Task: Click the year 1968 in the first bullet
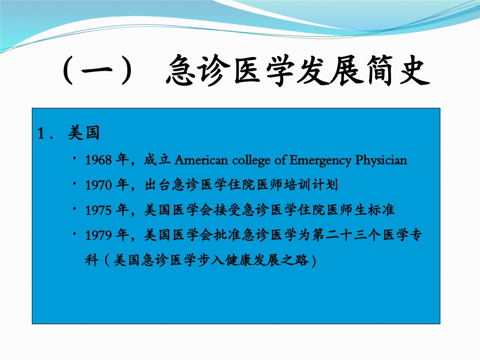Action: [98, 161]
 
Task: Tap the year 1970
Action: [98, 185]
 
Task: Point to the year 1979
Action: [98, 235]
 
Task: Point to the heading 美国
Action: [83, 134]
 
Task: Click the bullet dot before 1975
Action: [74, 209]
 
